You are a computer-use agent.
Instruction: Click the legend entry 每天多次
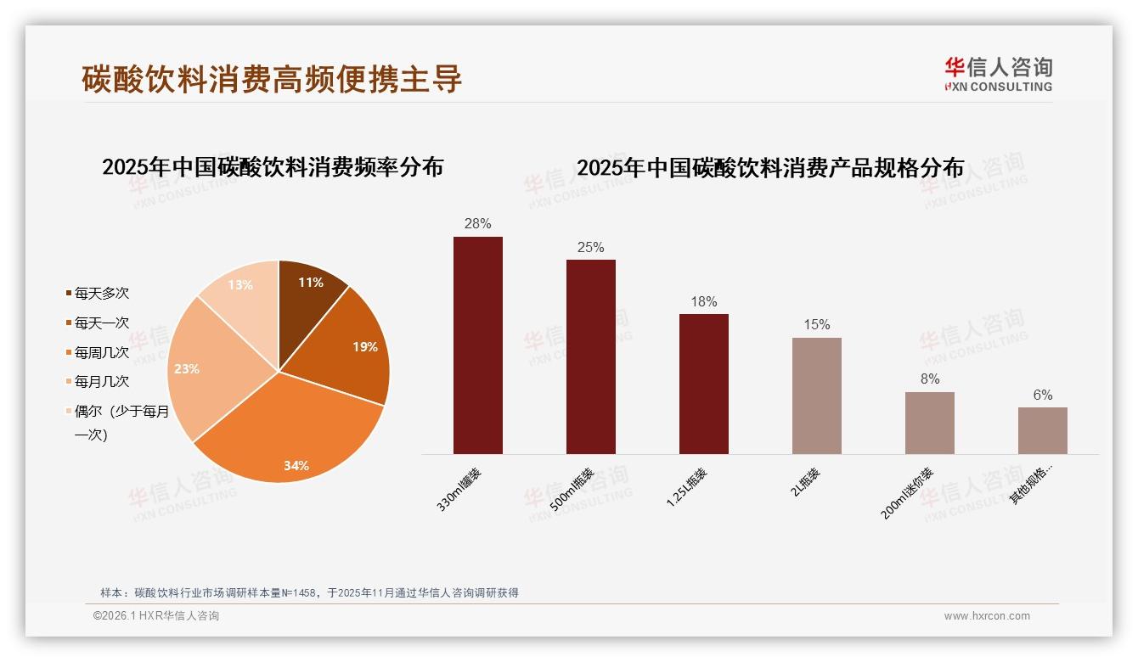coord(101,294)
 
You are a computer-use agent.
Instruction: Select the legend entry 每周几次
coord(101,352)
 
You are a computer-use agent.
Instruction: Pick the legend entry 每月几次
coord(101,382)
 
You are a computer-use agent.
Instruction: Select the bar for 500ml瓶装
coord(590,356)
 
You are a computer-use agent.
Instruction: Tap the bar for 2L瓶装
coord(816,396)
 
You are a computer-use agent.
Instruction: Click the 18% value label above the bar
coord(703,302)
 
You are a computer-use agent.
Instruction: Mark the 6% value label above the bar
coord(1042,396)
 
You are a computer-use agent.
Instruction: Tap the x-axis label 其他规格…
coord(1030,485)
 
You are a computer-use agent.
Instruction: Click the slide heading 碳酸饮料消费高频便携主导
coord(272,78)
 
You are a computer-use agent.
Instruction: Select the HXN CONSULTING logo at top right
coord(998,74)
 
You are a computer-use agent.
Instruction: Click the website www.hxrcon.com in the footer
coord(986,616)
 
